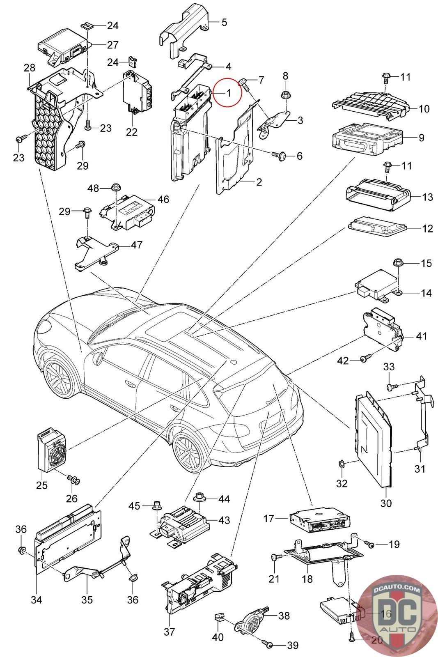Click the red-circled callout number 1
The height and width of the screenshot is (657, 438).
(229, 93)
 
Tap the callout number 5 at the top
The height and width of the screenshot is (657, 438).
(224, 22)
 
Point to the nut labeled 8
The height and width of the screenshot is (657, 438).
(285, 95)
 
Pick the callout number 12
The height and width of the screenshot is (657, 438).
(427, 229)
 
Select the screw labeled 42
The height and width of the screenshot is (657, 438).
(365, 359)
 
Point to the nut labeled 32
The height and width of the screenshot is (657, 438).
(340, 464)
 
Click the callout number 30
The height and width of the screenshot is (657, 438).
(386, 503)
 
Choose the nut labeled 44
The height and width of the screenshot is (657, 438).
(200, 498)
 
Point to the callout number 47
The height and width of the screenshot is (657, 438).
(136, 245)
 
